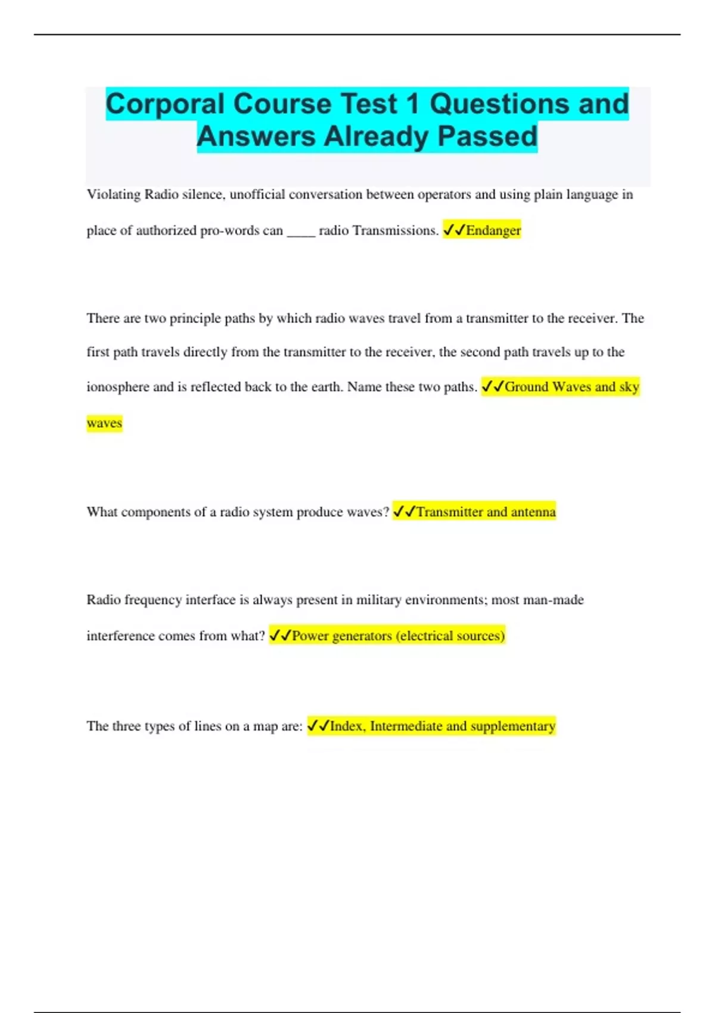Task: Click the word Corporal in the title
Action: [165, 105]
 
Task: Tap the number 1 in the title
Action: [412, 105]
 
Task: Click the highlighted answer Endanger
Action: [493, 231]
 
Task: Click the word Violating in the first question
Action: [114, 195]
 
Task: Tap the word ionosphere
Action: [118, 387]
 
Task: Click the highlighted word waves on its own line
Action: [104, 423]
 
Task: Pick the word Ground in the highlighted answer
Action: [527, 387]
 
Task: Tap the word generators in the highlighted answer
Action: [362, 636]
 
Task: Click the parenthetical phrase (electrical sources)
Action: [450, 636]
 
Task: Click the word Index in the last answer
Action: [347, 726]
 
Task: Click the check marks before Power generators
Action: [279, 636]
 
